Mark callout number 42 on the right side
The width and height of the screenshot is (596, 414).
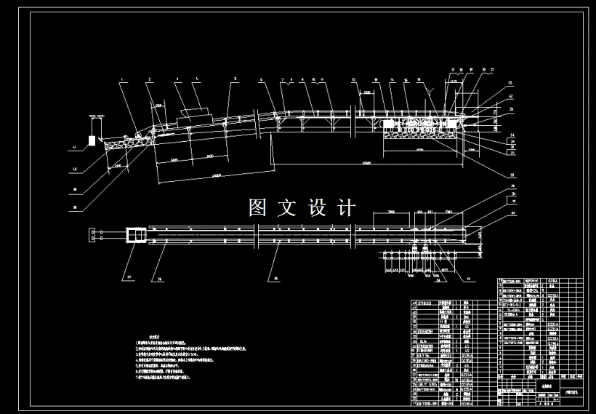[511, 96]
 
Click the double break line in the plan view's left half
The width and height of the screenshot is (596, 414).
[257, 234]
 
